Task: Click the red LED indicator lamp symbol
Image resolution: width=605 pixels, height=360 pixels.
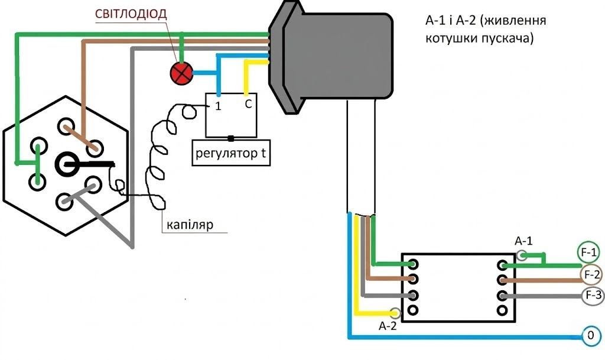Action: click(181, 73)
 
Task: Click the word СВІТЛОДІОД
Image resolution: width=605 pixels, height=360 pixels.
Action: click(131, 14)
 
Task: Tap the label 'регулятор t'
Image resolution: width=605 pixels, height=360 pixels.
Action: click(231, 153)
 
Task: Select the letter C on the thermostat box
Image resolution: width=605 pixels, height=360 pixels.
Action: click(249, 104)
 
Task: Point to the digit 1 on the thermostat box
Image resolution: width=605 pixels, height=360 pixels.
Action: click(218, 106)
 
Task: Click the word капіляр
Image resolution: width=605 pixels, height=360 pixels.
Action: click(190, 225)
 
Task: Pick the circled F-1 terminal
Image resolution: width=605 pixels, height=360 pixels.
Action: click(588, 253)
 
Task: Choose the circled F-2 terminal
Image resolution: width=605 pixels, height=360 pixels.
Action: click(591, 275)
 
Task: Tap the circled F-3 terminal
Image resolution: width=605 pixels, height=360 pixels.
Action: click(592, 296)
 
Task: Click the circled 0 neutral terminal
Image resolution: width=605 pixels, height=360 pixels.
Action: click(591, 335)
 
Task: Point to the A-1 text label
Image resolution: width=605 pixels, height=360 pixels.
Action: click(523, 241)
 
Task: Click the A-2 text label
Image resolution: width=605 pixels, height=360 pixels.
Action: click(388, 326)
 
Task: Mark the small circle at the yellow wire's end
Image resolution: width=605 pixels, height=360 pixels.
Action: click(395, 313)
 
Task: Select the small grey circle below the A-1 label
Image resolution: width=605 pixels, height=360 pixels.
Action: click(521, 255)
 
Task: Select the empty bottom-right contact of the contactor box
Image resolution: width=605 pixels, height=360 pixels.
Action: click(502, 310)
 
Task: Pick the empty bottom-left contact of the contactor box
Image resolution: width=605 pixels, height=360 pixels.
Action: click(413, 309)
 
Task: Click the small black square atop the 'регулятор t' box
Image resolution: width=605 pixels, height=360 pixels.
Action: click(231, 138)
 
